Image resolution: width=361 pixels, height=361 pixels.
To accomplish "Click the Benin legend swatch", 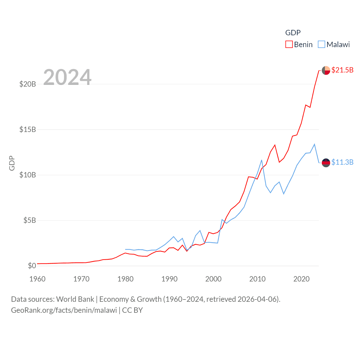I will tap(289, 45).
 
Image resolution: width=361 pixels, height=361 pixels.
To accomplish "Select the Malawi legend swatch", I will tap(322, 45).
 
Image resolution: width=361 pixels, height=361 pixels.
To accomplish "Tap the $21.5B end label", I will tap(342, 70).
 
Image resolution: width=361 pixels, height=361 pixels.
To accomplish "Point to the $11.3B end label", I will tap(342, 162).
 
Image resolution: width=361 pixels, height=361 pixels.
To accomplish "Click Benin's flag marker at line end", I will tap(326, 70).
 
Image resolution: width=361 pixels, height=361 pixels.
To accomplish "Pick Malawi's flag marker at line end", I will tap(326, 163).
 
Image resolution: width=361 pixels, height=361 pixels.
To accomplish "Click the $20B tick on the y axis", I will tap(28, 84).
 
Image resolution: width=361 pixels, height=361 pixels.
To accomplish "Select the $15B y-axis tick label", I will tap(28, 129).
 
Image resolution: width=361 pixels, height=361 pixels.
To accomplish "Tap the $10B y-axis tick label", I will tap(28, 175).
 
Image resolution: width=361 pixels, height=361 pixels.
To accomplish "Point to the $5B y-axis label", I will tap(30, 220).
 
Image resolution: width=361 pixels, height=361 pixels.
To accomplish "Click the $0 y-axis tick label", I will tap(32, 266).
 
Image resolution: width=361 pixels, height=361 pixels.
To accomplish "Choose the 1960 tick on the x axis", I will tap(38, 279).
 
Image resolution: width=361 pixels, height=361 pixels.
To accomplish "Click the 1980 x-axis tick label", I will tap(126, 279).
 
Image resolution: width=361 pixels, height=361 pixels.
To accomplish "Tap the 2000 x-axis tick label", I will tap(213, 279).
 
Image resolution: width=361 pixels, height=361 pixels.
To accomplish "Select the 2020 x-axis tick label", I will tap(301, 279).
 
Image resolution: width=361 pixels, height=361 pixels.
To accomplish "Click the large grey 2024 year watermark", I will tap(67, 77).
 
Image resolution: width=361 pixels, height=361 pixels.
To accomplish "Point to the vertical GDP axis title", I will tap(12, 163).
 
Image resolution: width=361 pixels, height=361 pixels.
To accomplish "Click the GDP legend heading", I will tap(293, 33).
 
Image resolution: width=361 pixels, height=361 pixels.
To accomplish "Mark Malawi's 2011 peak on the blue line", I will tap(262, 160).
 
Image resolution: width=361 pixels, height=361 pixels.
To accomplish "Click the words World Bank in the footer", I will tap(75, 299).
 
